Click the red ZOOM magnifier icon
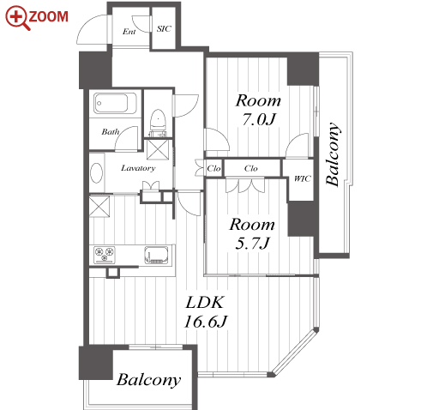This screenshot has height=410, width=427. click(17, 18)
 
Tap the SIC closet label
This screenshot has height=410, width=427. click(164, 28)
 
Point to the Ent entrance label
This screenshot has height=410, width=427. click(129, 32)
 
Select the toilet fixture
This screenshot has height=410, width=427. click(158, 123)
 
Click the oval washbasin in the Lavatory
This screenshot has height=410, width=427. click(97, 172)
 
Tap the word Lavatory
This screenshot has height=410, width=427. click(138, 168)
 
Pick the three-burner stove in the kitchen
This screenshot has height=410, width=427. click(105, 255)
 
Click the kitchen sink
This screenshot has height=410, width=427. click(156, 255)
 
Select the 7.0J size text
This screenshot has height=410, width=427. click(259, 119)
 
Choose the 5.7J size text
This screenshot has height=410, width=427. click(252, 244)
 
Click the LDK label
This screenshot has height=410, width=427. click(204, 303)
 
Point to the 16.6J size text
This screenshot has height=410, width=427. click(205, 322)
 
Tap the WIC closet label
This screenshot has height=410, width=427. click(303, 178)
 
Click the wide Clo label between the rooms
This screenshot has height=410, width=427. click(251, 168)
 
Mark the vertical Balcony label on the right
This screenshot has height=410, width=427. click(333, 154)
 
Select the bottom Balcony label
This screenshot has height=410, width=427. click(149, 380)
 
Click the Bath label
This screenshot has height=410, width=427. click(111, 132)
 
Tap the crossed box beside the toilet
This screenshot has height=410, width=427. click(158, 149)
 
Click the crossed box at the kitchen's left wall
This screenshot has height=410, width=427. click(99, 207)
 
